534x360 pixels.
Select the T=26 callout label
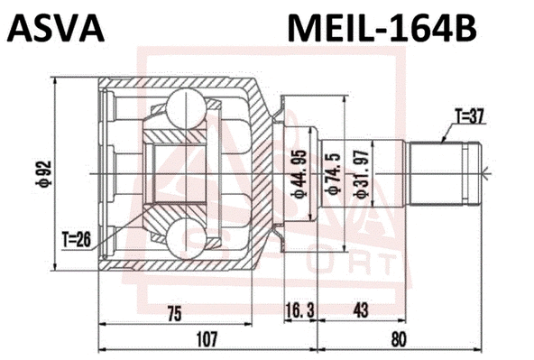(78, 238)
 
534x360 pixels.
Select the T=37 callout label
(469, 115)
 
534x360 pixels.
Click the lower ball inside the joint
(187, 239)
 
